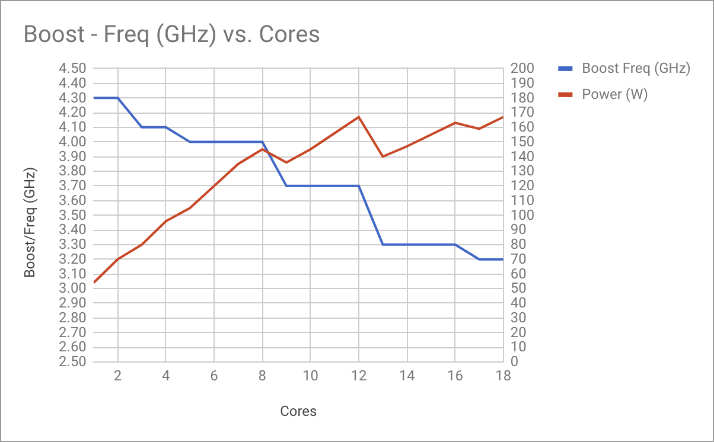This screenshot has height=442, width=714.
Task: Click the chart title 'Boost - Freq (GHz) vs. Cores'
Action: tap(171, 34)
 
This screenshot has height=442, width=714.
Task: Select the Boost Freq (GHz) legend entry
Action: tap(636, 68)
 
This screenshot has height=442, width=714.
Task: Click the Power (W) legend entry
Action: tap(614, 94)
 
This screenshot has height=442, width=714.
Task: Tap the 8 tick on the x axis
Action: tap(262, 376)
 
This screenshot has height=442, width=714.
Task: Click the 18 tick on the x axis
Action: tap(503, 376)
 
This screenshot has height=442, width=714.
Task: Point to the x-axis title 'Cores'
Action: tap(298, 411)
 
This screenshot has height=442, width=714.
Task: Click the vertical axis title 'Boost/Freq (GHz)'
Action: tap(31, 222)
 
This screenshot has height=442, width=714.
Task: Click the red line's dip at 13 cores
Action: tap(383, 156)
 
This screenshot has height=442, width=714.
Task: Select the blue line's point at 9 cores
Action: tap(286, 186)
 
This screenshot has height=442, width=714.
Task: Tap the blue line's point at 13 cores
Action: tap(383, 245)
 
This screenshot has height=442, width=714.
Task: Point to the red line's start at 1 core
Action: tap(94, 283)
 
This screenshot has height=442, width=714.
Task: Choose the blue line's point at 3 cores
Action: tap(142, 127)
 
